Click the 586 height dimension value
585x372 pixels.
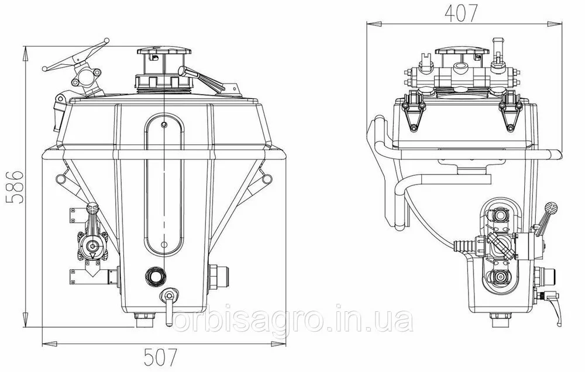(x=15, y=187)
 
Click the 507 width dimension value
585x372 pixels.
(x=160, y=357)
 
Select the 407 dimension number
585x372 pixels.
(x=461, y=13)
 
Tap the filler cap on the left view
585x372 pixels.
(x=164, y=51)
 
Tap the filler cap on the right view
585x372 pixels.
(x=463, y=51)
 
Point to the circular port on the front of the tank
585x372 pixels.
(x=153, y=276)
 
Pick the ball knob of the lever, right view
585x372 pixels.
(x=550, y=207)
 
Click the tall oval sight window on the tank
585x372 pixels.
(x=164, y=185)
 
